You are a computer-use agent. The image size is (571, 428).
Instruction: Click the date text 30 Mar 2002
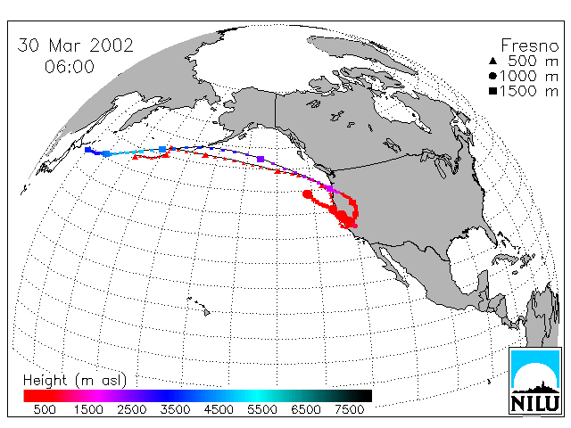tap(75, 45)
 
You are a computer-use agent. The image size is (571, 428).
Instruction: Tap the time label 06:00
tap(70, 67)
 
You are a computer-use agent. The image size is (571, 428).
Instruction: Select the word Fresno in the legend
tap(529, 45)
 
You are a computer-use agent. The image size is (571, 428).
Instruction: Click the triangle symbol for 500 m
tap(492, 61)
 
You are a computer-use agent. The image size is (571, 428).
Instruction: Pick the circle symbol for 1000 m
tap(492, 76)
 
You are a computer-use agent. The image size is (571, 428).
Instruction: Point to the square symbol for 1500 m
tap(492, 91)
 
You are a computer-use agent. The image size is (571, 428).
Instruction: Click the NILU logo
tap(534, 381)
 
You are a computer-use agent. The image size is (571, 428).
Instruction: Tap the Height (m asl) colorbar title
tap(75, 381)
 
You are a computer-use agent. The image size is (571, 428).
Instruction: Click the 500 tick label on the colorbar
tap(45, 409)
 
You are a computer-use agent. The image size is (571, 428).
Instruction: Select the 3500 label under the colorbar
tap(175, 409)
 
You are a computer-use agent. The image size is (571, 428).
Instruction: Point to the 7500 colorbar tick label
tap(349, 409)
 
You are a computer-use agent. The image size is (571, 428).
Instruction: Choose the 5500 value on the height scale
tap(262, 409)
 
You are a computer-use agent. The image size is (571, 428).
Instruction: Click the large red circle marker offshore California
tap(307, 194)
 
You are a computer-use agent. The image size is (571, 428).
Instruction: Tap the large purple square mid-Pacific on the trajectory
tap(261, 159)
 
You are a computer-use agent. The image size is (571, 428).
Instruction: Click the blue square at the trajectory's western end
tap(87, 150)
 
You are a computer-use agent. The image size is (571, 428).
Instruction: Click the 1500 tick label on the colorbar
tap(88, 409)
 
